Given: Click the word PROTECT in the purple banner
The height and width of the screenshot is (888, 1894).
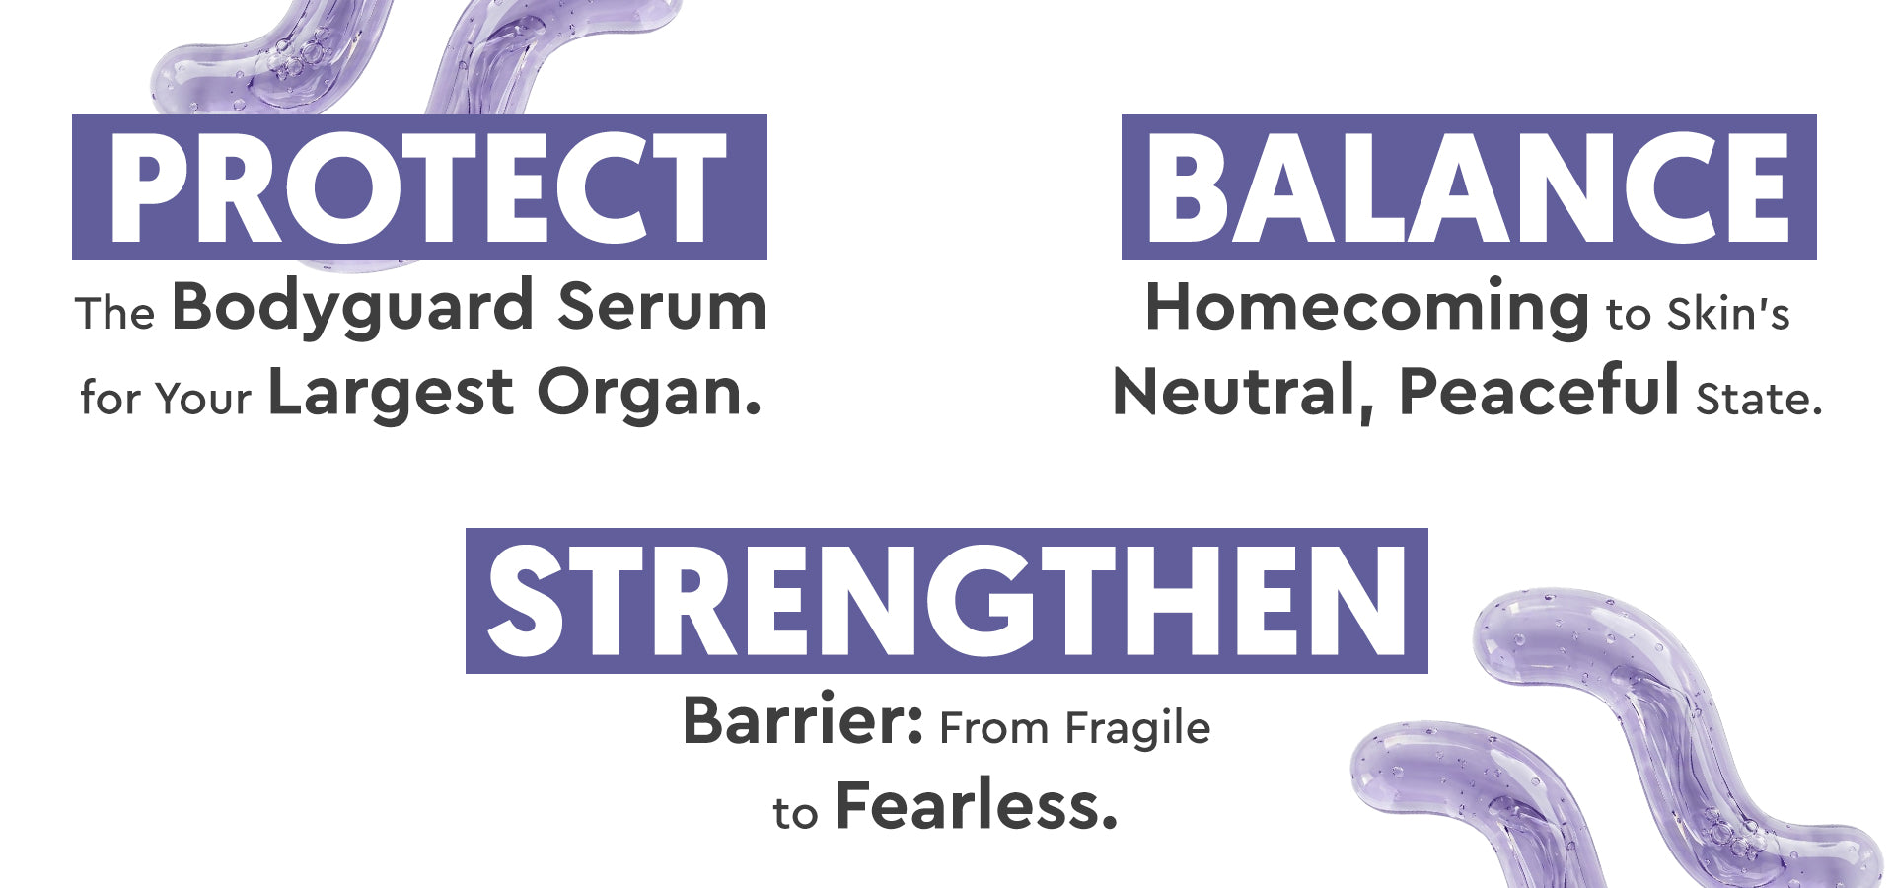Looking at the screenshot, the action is tap(418, 187).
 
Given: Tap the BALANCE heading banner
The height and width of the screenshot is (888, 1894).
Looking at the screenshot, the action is tap(1469, 187).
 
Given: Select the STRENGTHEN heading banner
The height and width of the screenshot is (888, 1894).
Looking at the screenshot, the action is tap(947, 601).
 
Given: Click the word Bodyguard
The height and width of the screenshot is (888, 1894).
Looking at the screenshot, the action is tap(353, 309).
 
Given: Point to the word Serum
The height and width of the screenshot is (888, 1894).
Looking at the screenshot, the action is tap(662, 306).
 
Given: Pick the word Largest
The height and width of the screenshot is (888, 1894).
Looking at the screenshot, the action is tap(392, 395).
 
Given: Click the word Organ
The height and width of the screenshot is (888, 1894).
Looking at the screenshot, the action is tap(650, 395).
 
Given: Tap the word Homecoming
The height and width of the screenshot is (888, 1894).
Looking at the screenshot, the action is tap(1367, 309).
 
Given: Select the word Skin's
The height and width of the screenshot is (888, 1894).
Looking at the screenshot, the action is tap(1728, 315).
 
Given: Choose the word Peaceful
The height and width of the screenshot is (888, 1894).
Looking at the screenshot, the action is tap(1539, 391).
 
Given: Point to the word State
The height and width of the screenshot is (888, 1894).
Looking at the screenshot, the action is tap(1759, 399).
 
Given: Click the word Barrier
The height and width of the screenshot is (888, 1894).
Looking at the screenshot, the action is tap(803, 720).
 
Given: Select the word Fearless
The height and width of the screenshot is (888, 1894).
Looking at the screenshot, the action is tap(977, 805).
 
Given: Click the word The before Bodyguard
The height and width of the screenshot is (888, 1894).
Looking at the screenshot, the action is tap(115, 314).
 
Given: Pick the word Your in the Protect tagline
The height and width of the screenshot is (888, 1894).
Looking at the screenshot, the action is tap(203, 399).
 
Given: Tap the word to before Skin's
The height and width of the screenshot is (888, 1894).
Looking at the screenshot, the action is tap(1628, 316).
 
